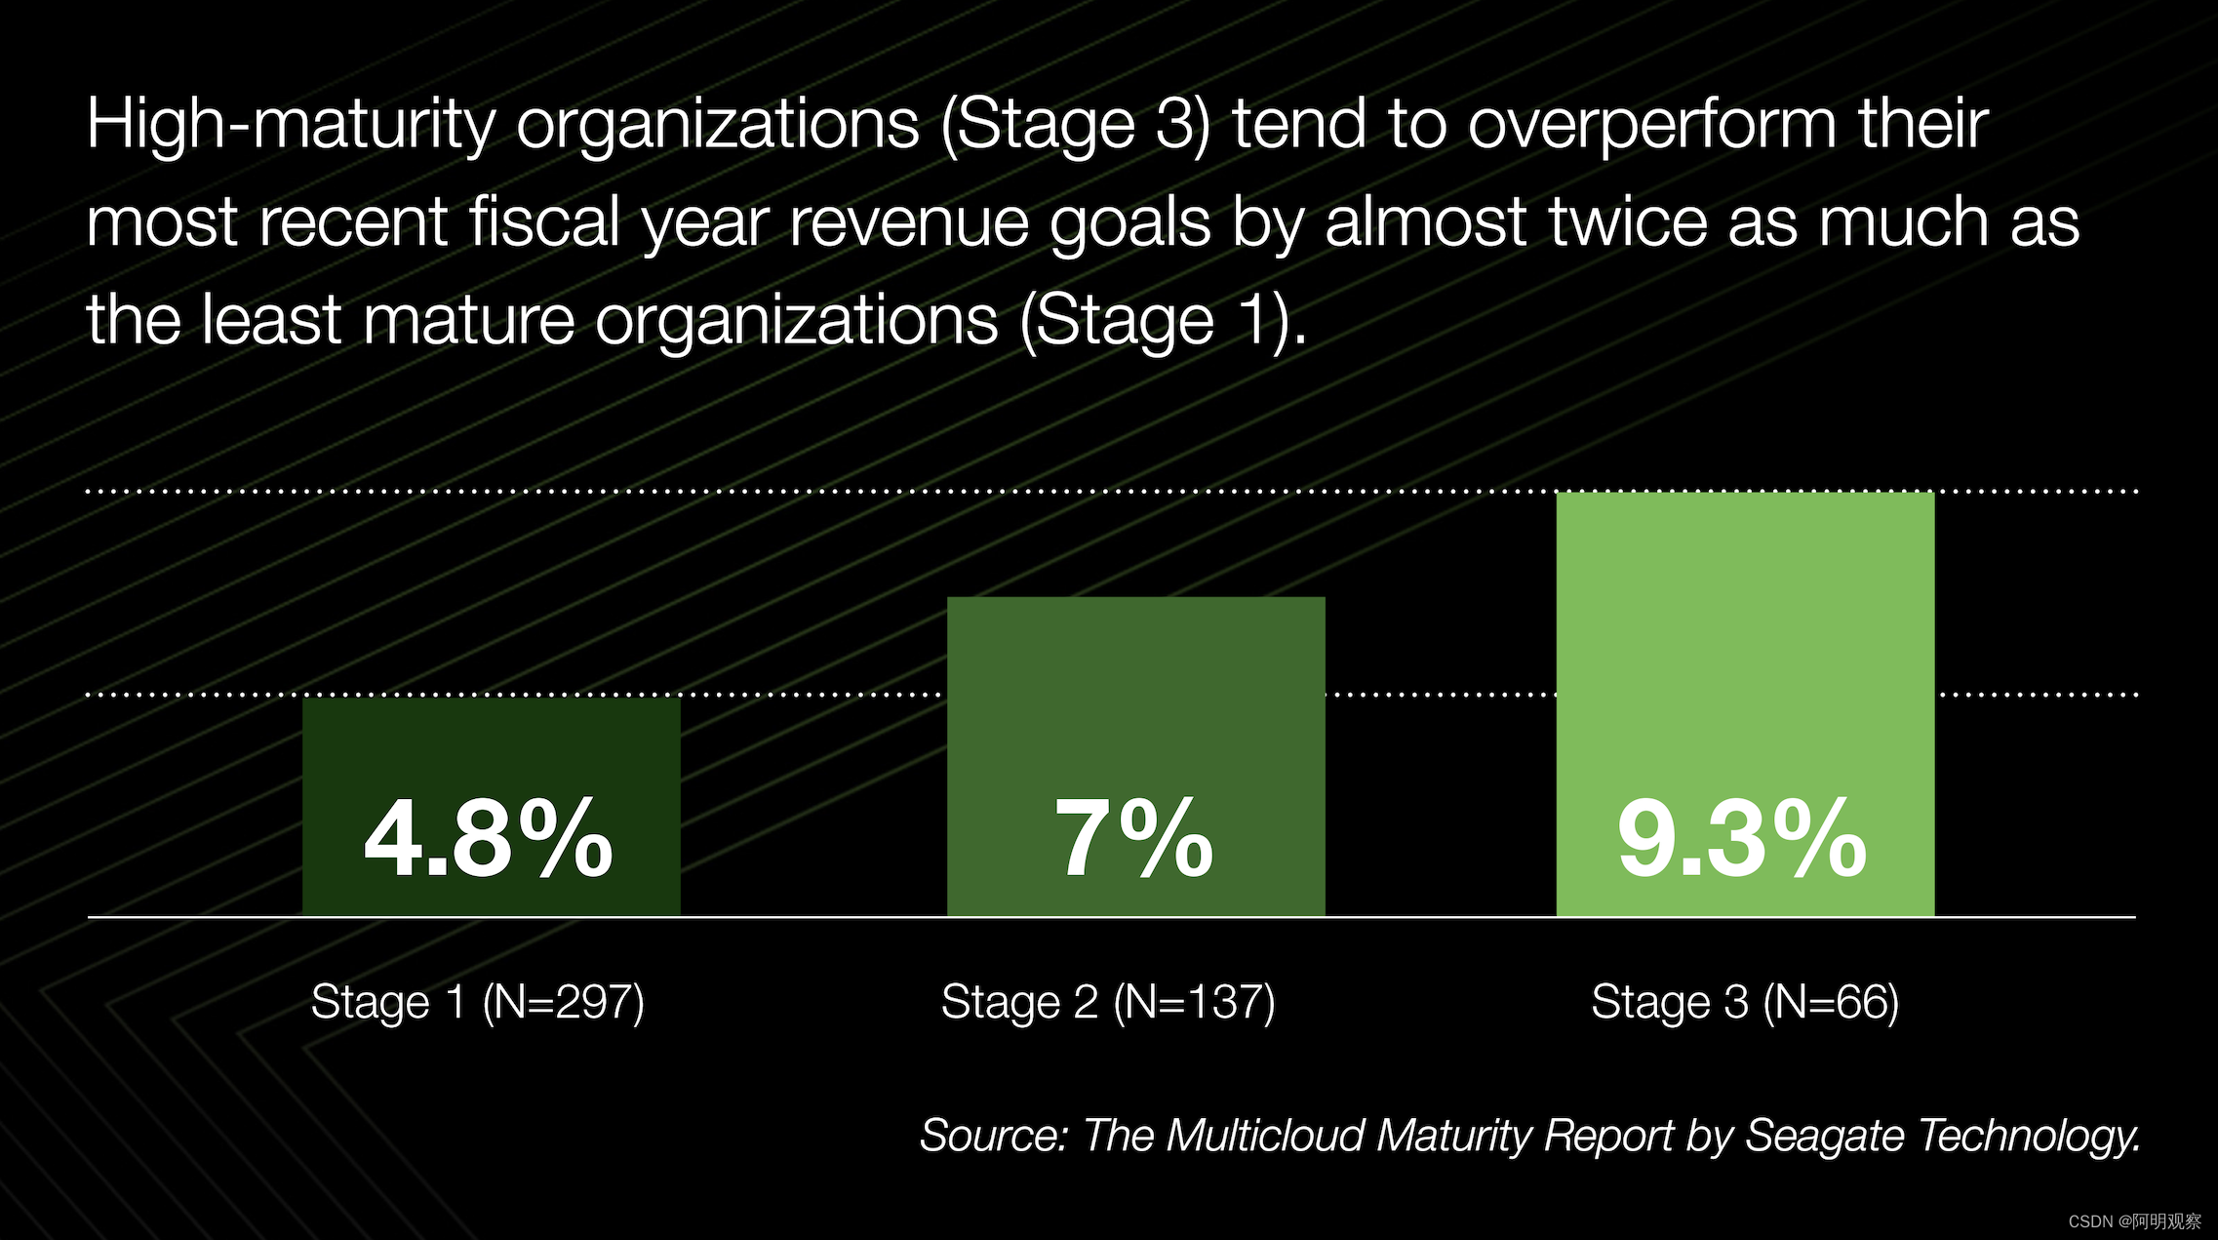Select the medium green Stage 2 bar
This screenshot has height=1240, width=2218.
coord(1135,683)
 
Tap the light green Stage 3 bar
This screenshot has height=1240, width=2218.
coord(1744,634)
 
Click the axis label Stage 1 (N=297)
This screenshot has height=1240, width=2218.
coord(477,1003)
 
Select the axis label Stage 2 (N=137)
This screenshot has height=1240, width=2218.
coord(1108,1003)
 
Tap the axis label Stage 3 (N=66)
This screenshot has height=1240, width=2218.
coord(1745,1003)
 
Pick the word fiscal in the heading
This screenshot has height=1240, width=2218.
coord(544,222)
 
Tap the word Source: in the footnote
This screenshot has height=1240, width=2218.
coord(993,1136)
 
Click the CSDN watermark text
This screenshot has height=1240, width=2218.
coord(2134,1221)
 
